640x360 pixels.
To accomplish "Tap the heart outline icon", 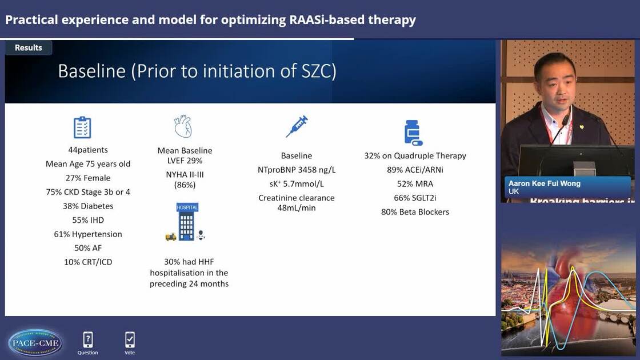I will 183,126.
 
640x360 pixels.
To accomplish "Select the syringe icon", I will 297,126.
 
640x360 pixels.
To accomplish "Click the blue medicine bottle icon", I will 413,133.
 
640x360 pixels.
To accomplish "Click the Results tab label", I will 29,47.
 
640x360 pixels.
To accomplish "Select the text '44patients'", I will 88,150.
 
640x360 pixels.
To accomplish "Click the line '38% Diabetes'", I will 88,206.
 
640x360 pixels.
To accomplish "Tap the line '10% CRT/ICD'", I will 88,262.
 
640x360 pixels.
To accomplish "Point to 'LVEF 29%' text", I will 185,161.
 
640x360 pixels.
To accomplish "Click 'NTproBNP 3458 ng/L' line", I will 296,170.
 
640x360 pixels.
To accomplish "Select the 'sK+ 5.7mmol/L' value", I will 296,183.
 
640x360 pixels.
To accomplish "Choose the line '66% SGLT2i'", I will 415,198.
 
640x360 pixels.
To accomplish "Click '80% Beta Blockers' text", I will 415,211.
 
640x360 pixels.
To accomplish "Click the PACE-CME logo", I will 35,342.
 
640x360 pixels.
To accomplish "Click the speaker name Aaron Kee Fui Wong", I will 543,183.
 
